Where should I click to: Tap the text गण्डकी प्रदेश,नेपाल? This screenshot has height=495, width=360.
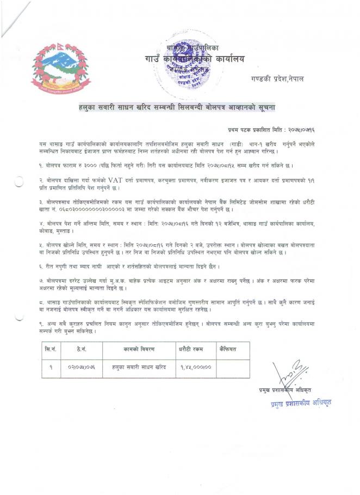point(277,79)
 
